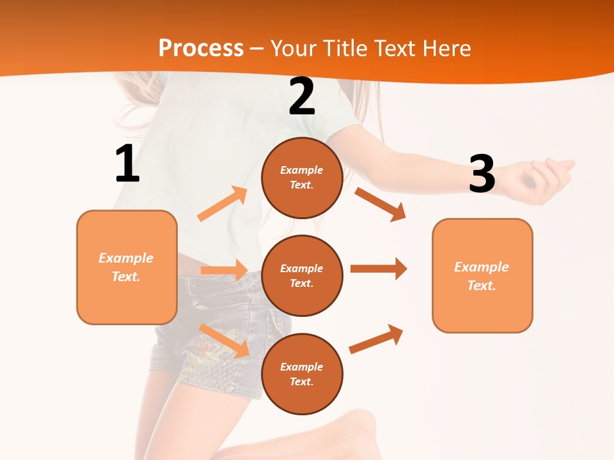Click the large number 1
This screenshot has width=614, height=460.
coord(127,164)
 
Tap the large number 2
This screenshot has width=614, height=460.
coord(302,96)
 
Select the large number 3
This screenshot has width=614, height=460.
coord(482,174)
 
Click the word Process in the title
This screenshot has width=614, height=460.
coord(201,48)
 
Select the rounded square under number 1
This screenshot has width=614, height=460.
coord(127,267)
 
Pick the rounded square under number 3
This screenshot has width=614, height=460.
coord(482,275)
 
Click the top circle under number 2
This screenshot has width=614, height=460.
coord(302,178)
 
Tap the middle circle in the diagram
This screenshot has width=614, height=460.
coord(302,275)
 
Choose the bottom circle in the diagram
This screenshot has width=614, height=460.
coord(302,374)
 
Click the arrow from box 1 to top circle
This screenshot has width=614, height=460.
coord(223,204)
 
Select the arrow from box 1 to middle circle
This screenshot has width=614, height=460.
coord(223,270)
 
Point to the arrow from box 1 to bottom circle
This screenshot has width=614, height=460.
coord(224,341)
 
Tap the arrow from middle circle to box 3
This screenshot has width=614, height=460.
coord(379,269)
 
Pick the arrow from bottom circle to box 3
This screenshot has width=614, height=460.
coord(376,339)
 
